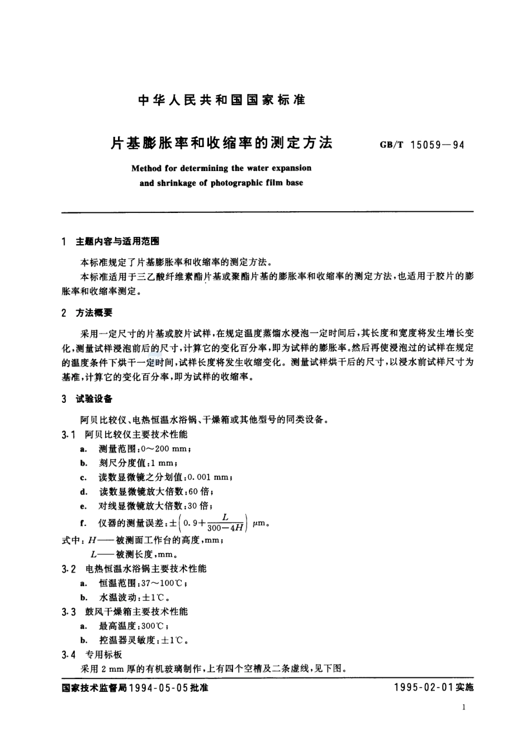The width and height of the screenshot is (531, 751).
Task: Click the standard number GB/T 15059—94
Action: (x=422, y=145)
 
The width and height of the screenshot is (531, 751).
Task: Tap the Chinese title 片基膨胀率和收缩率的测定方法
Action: (x=221, y=144)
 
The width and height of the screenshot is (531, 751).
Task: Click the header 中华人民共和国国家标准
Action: (x=221, y=101)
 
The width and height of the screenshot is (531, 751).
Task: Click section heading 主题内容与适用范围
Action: (x=117, y=241)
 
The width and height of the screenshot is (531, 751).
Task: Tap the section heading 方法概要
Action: (x=94, y=313)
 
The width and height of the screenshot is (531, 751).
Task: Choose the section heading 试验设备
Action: (x=94, y=399)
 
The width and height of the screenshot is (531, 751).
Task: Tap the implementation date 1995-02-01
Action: (x=423, y=688)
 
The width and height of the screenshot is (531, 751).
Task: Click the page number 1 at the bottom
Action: (x=464, y=707)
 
